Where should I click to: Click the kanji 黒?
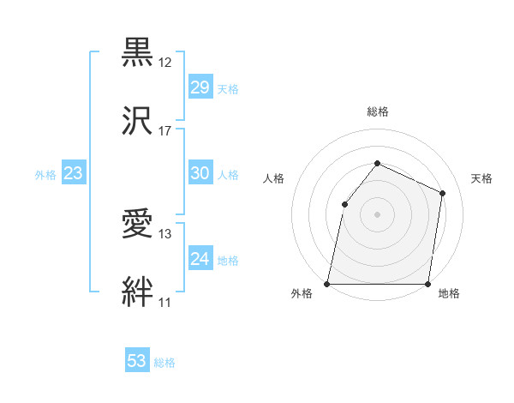tap(138, 51)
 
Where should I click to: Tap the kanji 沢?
tap(138, 119)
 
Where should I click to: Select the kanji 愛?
tap(138, 222)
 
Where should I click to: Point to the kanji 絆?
tap(138, 291)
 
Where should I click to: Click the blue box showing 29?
tap(200, 87)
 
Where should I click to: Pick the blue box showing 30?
tap(200, 173)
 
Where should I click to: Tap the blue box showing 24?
tap(200, 258)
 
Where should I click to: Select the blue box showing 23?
tap(74, 173)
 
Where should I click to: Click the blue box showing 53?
tap(137, 361)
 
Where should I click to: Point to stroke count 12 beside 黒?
tap(165, 62)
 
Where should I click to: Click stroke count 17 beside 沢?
tap(165, 130)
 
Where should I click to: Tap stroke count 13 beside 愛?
tap(165, 233)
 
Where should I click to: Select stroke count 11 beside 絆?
tap(165, 302)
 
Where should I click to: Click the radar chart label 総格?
tap(377, 111)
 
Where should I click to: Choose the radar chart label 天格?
tap(481, 178)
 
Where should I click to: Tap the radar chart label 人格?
tap(273, 178)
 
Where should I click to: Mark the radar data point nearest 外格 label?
tap(327, 283)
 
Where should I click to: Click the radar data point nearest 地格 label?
tap(427, 283)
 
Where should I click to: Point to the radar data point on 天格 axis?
tap(443, 193)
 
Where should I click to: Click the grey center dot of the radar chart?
tap(377, 214)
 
